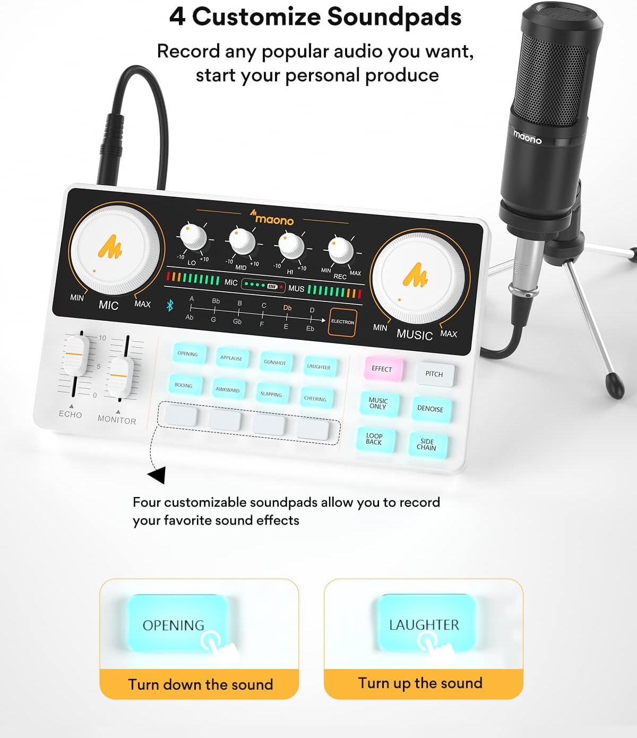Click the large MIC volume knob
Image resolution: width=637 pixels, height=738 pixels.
click(x=115, y=250)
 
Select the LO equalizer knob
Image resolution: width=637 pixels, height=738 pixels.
click(x=193, y=237)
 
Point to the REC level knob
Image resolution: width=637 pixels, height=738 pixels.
click(x=340, y=250)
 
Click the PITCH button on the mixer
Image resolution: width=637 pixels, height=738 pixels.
click(x=434, y=374)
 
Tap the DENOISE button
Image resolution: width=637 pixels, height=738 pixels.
click(x=430, y=409)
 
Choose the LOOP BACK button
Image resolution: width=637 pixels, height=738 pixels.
click(x=374, y=439)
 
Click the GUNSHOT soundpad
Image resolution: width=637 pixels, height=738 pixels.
click(x=275, y=362)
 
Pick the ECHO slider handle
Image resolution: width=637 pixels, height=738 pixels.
click(x=75, y=354)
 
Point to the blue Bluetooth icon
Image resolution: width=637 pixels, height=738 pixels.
click(x=170, y=306)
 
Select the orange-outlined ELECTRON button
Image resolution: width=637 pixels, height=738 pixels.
click(x=342, y=322)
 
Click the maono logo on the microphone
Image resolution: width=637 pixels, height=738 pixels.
click(x=527, y=137)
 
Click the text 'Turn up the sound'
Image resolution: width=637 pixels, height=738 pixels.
click(x=420, y=683)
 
